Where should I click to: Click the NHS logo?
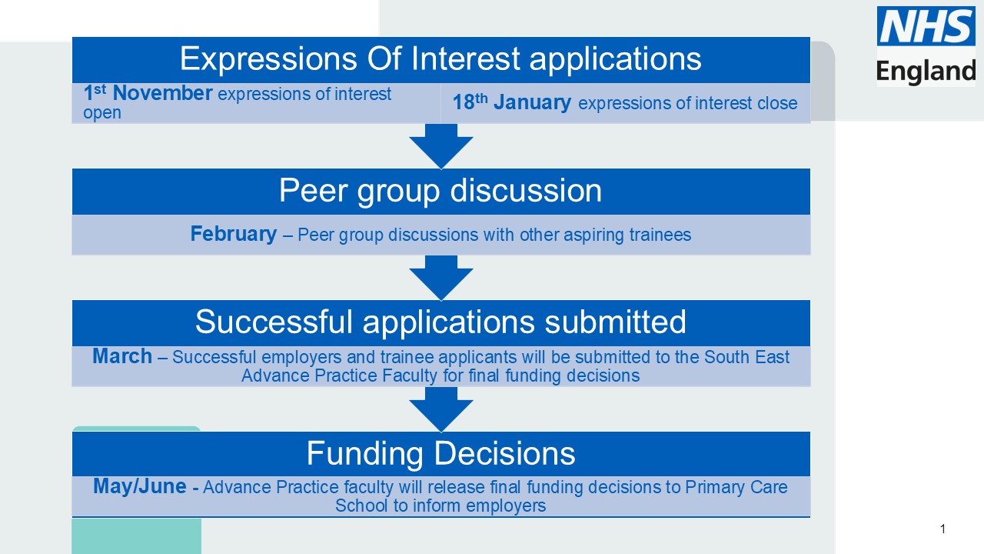(926, 26)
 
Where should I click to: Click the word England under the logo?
(926, 71)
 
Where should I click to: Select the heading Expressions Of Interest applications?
(440, 59)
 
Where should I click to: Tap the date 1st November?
(148, 94)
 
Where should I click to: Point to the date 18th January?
(511, 102)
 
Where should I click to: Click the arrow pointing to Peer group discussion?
(441, 145)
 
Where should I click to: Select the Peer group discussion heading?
(440, 191)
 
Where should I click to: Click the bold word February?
(234, 234)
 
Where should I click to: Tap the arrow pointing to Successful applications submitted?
(441, 277)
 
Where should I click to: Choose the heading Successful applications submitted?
(440, 322)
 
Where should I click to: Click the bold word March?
(122, 356)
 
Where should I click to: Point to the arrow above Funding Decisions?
(441, 409)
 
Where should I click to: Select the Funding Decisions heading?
(440, 453)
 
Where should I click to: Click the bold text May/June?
(140, 486)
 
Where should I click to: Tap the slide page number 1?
(942, 529)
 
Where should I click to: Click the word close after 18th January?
(778, 103)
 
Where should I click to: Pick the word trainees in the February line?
(660, 235)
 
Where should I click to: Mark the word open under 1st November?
(102, 112)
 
